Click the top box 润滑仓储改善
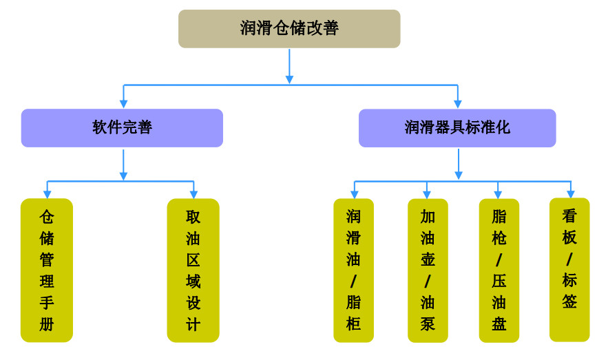[x=289, y=29]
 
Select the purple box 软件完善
[x=122, y=128]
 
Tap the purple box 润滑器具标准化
[x=457, y=128]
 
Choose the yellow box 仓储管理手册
[x=47, y=270]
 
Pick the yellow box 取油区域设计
[x=193, y=270]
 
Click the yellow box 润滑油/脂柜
[x=353, y=270]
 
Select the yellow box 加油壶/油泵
[x=428, y=270]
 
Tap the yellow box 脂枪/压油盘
[x=499, y=270]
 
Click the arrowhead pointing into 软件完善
[x=124, y=104]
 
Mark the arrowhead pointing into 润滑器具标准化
[x=457, y=104]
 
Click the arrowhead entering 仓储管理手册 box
[x=48, y=194]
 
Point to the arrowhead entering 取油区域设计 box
[x=193, y=194]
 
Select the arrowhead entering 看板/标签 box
[x=570, y=194]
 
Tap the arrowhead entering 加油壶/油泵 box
[x=427, y=194]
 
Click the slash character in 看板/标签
[x=569, y=260]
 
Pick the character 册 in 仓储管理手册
[x=47, y=324]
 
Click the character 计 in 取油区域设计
[x=193, y=324]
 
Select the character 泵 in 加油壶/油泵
[x=428, y=323]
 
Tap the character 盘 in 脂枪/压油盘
[x=499, y=324]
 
